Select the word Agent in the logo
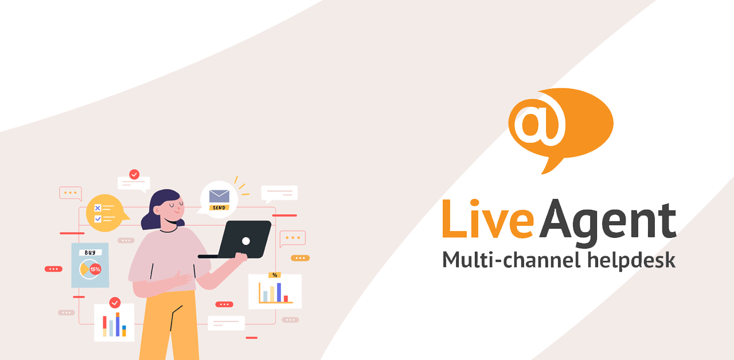coord(608,222)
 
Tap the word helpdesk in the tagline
coord(631,260)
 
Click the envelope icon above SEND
coord(219,196)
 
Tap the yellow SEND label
coord(219,208)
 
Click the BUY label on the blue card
coord(90,253)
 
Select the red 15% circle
coord(95,269)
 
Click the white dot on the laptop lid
coord(246,241)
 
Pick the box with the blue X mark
coord(97,208)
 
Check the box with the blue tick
coord(97,219)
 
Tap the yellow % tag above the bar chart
coord(274,275)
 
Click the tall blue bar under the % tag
coord(279,292)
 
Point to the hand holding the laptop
coord(240,258)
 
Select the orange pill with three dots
coord(300,258)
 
